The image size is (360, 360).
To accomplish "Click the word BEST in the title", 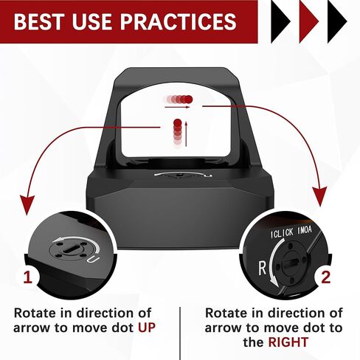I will [43, 21].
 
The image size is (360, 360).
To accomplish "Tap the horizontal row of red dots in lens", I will [178, 98].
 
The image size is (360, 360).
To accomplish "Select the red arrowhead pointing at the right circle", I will [319, 197].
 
